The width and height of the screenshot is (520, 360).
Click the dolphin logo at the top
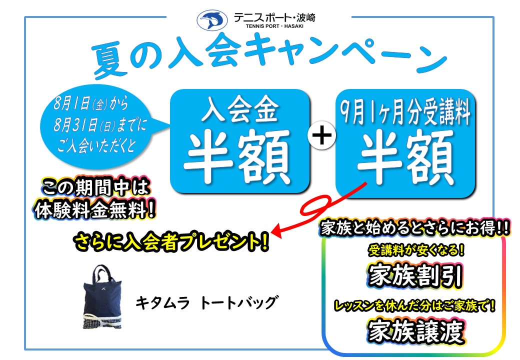[x=212, y=20]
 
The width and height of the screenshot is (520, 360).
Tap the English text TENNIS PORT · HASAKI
[x=274, y=26]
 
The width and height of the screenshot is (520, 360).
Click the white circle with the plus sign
[x=321, y=135]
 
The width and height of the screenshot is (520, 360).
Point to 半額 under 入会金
[x=238, y=156]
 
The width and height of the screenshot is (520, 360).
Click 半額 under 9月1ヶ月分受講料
[x=405, y=156]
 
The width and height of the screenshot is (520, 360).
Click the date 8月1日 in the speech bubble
[x=72, y=103]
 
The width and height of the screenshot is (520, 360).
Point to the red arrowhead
[x=277, y=231]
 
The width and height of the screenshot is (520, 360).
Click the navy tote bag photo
[x=102, y=297]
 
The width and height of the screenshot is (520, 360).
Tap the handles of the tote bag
[x=102, y=274]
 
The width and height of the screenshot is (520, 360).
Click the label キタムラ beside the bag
[x=162, y=302]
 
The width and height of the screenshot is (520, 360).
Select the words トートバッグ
[x=239, y=302]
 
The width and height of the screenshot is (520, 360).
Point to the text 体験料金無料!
[x=94, y=209]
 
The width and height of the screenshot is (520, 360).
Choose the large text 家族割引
[x=415, y=276]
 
